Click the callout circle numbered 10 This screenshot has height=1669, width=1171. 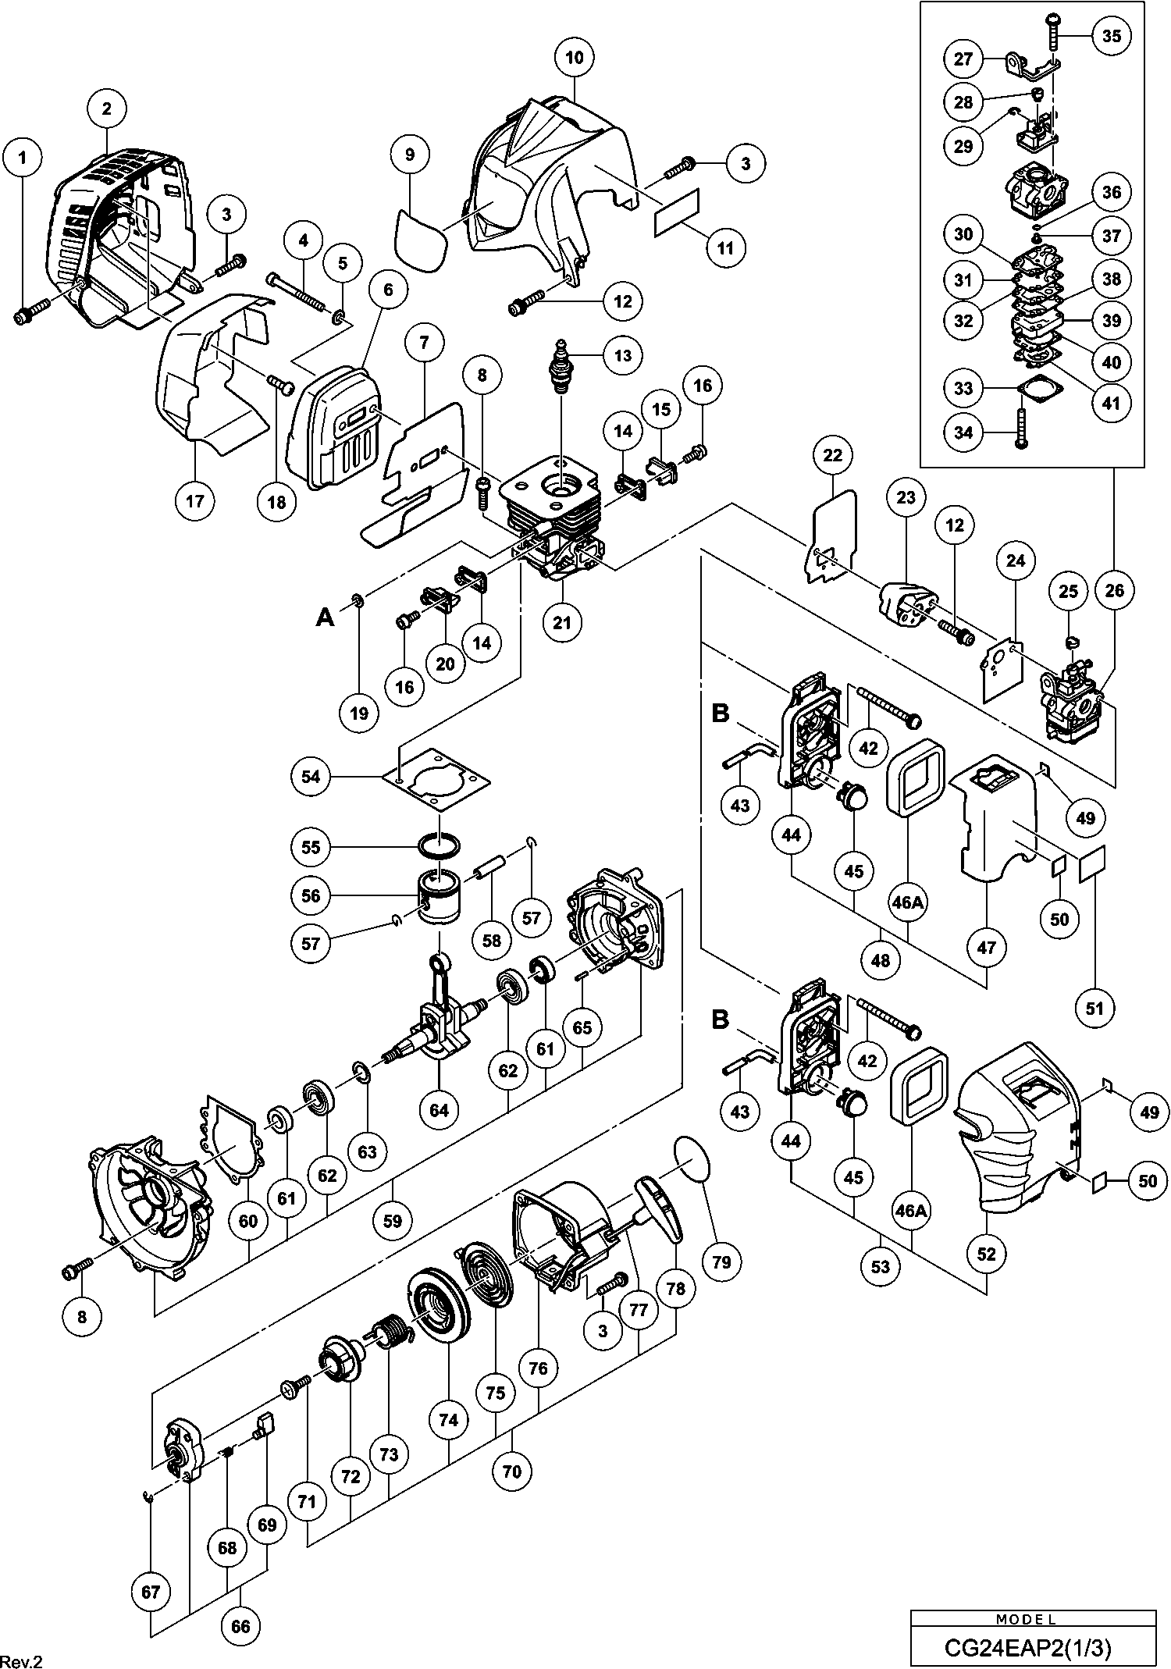(x=575, y=58)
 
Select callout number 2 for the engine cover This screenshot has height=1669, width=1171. (x=106, y=109)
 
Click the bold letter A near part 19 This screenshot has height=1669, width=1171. (x=325, y=617)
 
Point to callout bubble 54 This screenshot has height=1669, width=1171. (x=311, y=777)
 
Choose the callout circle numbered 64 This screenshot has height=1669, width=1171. (x=440, y=1109)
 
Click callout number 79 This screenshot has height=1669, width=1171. (x=721, y=1261)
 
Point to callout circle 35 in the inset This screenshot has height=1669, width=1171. (x=1112, y=36)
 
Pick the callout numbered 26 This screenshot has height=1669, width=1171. (x=1115, y=591)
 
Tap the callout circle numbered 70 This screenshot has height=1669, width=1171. (x=512, y=1471)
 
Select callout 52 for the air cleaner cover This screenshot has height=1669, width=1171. (x=987, y=1253)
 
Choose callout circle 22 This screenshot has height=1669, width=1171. (x=833, y=454)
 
